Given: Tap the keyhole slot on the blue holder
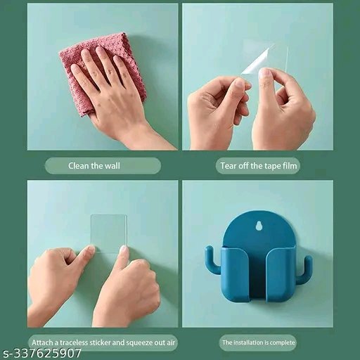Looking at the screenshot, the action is click(257, 226).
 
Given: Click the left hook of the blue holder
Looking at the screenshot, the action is click(212, 260).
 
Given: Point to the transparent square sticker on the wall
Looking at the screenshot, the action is click(109, 233).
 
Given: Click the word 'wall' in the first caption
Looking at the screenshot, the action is click(112, 166).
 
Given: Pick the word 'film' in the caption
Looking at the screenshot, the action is click(290, 166).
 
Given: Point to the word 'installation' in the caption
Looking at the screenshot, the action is click(247, 342).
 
